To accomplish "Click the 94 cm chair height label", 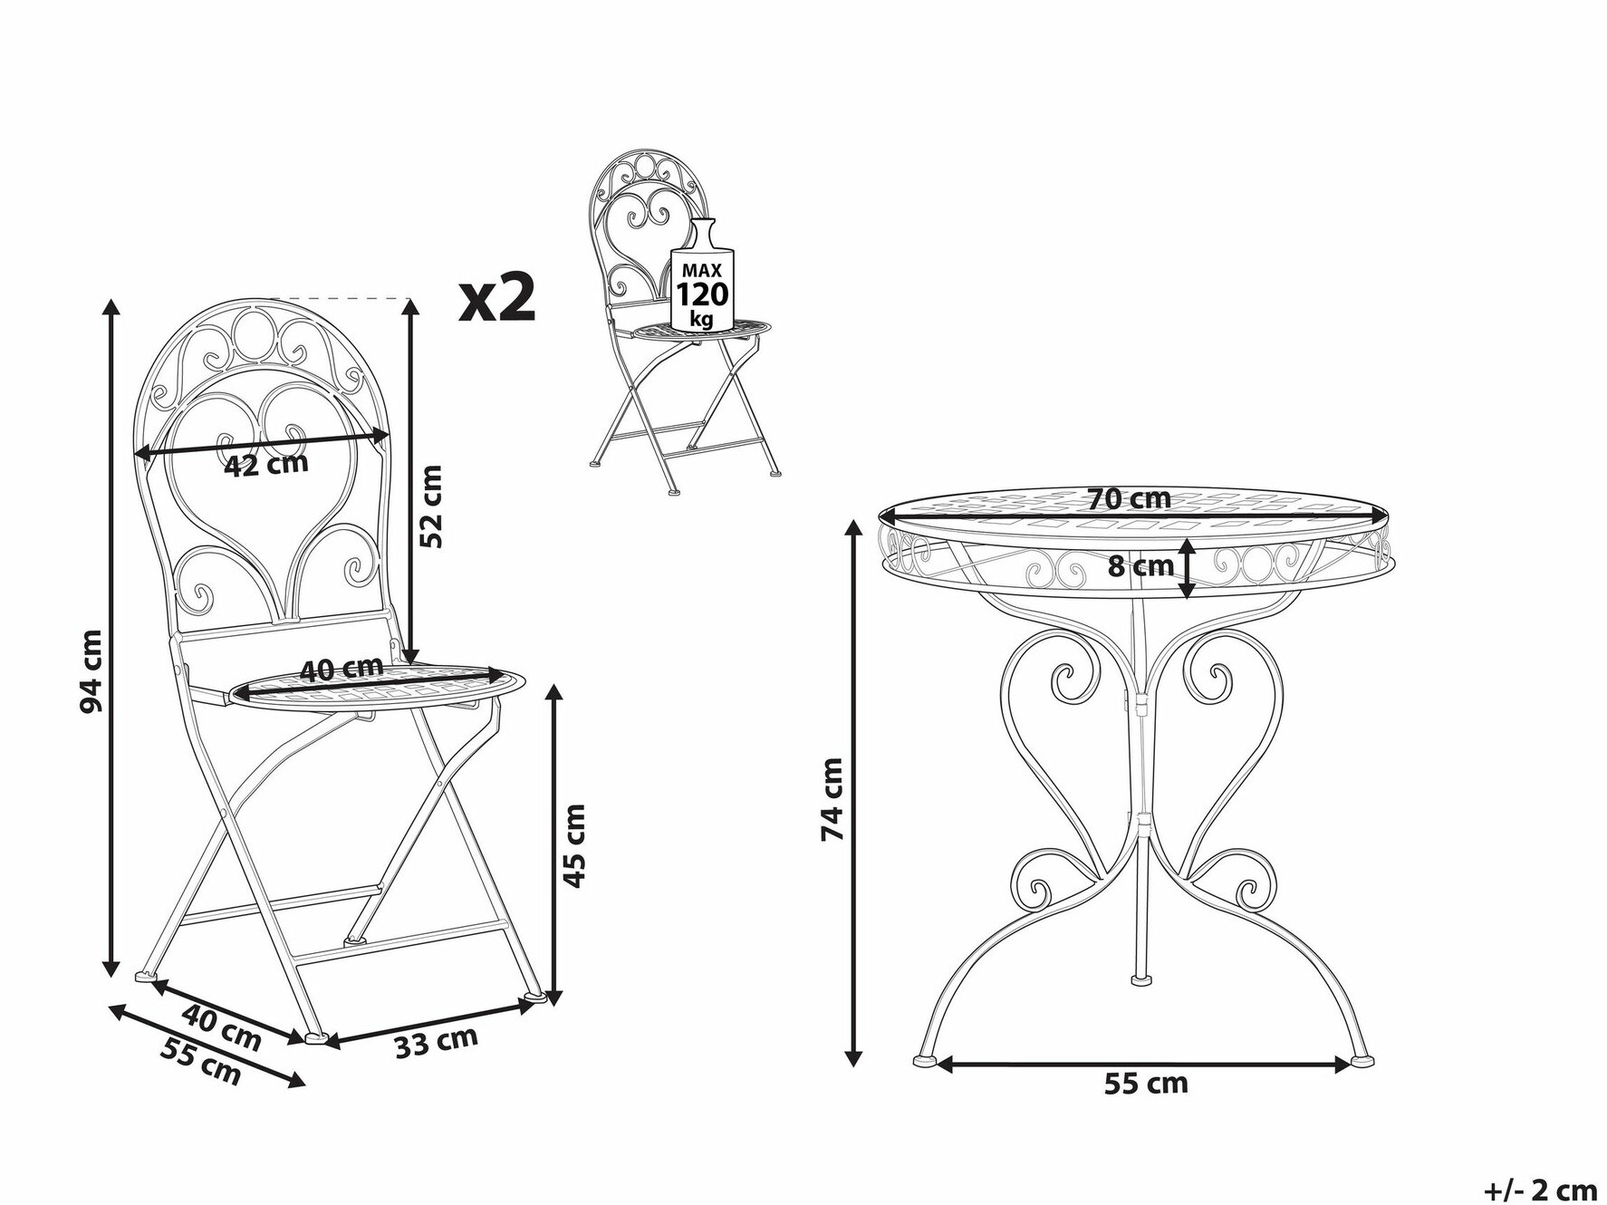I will (x=91, y=670).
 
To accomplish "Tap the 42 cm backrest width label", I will (x=266, y=465).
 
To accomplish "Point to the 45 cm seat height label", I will (x=573, y=845).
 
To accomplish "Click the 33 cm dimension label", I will (x=436, y=1043).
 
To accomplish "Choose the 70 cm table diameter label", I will (x=1130, y=498).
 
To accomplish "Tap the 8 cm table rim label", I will (x=1140, y=567).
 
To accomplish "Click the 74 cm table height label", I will (x=832, y=799).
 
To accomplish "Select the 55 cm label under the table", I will (x=1145, y=1083).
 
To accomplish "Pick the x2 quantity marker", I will (x=497, y=300).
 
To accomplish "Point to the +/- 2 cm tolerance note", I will (x=1541, y=1189).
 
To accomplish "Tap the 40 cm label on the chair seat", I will (x=342, y=669).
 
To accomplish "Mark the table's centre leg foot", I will (x=1141, y=979).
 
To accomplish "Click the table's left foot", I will (x=926, y=1059).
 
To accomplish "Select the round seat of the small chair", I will (x=702, y=330).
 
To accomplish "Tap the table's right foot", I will (x=1362, y=1059).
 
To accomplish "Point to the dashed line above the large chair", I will (x=340, y=298).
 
